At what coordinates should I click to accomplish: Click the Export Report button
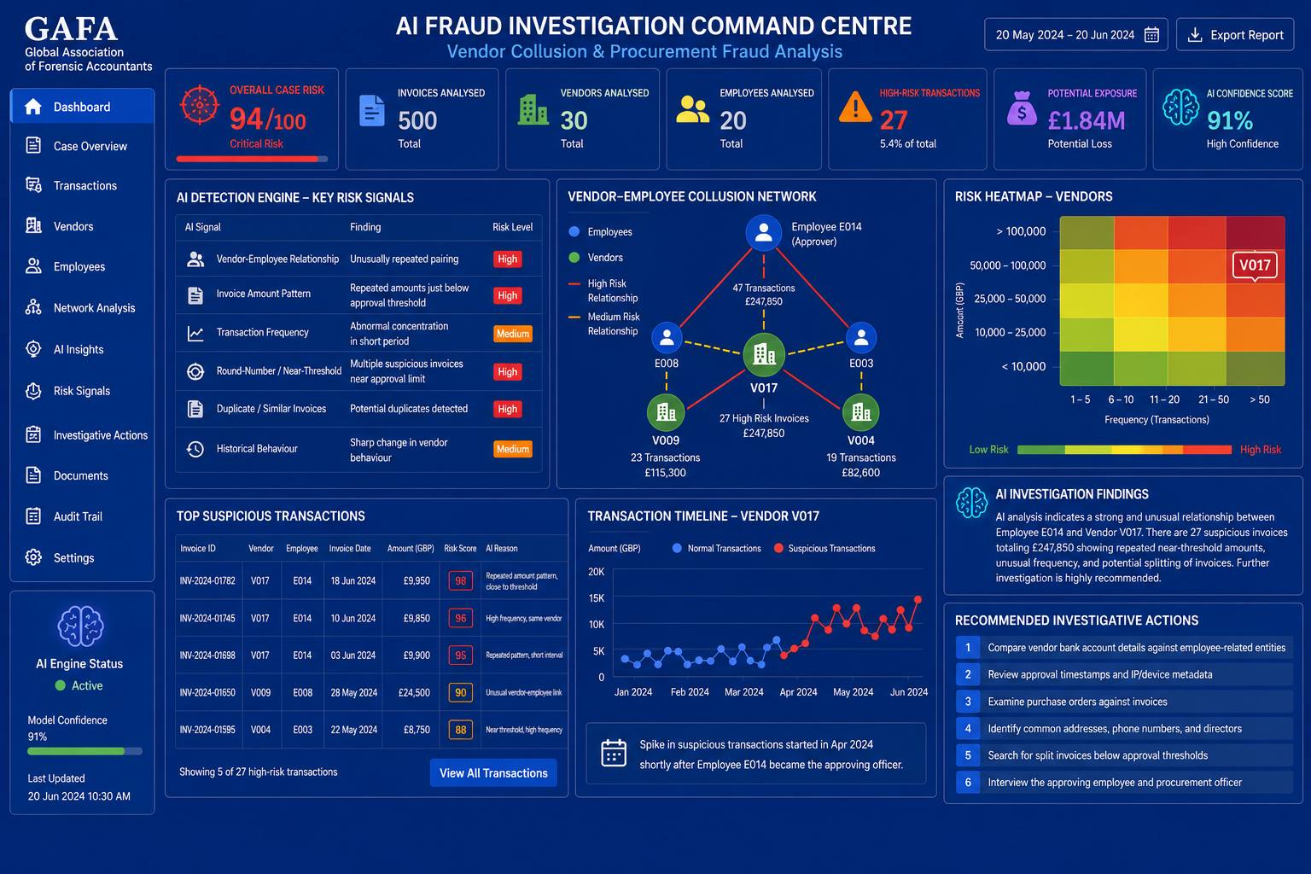click(x=1235, y=34)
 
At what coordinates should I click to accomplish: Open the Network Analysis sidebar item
click(x=81, y=308)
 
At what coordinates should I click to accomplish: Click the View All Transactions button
click(x=493, y=772)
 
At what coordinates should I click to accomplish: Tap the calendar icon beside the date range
click(x=1151, y=35)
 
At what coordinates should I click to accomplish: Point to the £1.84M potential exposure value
click(x=1087, y=120)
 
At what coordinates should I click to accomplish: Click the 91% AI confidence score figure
click(x=1230, y=120)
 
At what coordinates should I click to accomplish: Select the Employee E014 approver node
click(x=763, y=232)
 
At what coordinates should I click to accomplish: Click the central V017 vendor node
click(x=764, y=354)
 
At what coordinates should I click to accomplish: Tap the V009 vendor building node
click(x=666, y=412)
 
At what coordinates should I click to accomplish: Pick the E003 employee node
click(x=861, y=338)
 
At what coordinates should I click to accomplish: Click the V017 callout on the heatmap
click(x=1255, y=265)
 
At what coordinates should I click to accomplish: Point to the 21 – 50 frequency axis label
click(x=1213, y=399)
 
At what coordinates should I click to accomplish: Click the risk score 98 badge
click(x=461, y=580)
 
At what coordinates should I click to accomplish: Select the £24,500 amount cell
click(x=414, y=692)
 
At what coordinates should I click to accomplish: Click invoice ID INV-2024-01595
click(x=207, y=730)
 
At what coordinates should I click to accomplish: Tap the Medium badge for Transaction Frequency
click(x=513, y=334)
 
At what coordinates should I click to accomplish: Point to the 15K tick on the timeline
click(x=597, y=598)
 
